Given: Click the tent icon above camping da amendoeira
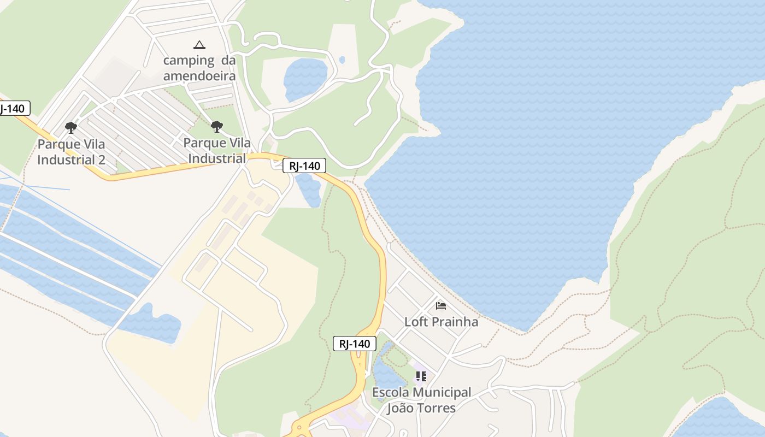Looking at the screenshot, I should click(199, 45).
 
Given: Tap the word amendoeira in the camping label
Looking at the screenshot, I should click(199, 75).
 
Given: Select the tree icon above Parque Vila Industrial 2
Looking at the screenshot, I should click(70, 128).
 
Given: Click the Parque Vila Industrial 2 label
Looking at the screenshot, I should click(71, 152).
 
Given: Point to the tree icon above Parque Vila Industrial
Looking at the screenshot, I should click(217, 127).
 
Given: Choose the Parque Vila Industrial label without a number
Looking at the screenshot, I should click(217, 151).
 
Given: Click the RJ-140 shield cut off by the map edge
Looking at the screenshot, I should click(13, 108).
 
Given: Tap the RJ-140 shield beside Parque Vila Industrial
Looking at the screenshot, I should click(304, 166).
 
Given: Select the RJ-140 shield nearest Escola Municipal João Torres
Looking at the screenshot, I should click(355, 344).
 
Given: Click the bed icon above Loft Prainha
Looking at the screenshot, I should click(441, 306).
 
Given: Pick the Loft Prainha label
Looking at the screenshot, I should click(441, 322).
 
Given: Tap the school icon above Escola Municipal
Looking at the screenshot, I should click(421, 376).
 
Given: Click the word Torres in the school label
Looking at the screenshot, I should click(436, 408).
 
